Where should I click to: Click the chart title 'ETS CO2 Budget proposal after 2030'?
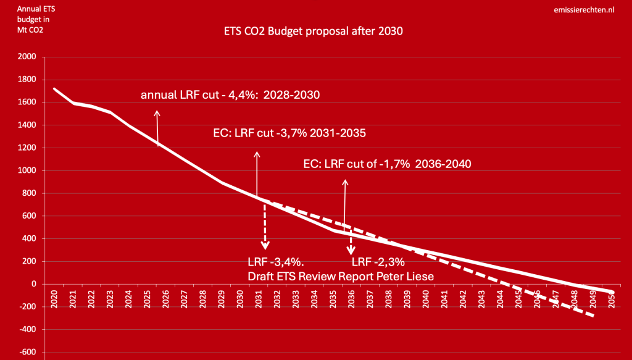313,31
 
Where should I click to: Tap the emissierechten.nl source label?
584,10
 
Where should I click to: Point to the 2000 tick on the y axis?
27,57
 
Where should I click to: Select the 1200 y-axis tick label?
27,148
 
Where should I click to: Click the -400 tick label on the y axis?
27,329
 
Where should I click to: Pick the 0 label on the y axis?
34,284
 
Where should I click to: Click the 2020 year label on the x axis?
54,299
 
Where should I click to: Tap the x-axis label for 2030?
240,299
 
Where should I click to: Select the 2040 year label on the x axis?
426,299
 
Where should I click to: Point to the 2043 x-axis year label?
481,299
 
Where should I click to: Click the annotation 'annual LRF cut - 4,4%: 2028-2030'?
230,95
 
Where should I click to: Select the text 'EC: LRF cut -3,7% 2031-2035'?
289,133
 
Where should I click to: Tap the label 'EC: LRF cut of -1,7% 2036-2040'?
387,164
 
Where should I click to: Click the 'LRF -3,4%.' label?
276,262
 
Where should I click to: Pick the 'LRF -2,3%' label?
378,262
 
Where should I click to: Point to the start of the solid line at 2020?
54,89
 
